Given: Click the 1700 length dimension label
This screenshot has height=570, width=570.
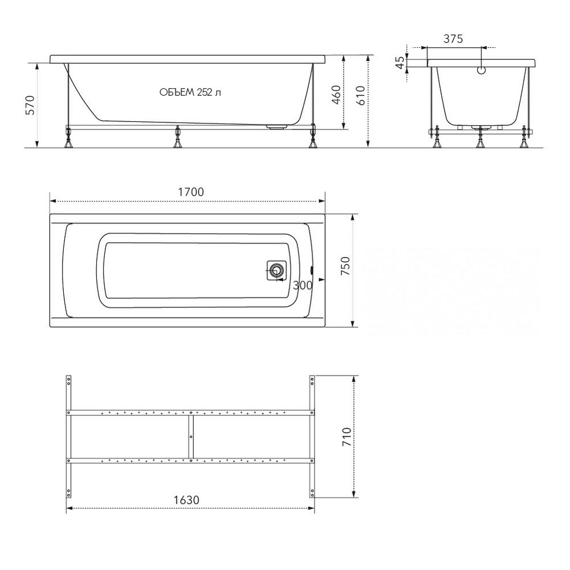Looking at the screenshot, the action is tap(191, 192).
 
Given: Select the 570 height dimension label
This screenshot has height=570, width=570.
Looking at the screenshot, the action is tap(30, 105).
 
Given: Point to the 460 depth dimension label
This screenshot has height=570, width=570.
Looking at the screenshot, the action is tap(337, 95).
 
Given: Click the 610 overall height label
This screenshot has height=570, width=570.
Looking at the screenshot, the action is tap(360, 96).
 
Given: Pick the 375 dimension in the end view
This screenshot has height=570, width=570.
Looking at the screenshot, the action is tap(453, 39).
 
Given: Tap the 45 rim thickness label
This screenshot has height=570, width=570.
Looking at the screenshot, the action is tap(400, 63).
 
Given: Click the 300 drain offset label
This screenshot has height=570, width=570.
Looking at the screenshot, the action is tap(303, 286).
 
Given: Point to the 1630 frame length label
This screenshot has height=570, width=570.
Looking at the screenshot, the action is tap(186, 500).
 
